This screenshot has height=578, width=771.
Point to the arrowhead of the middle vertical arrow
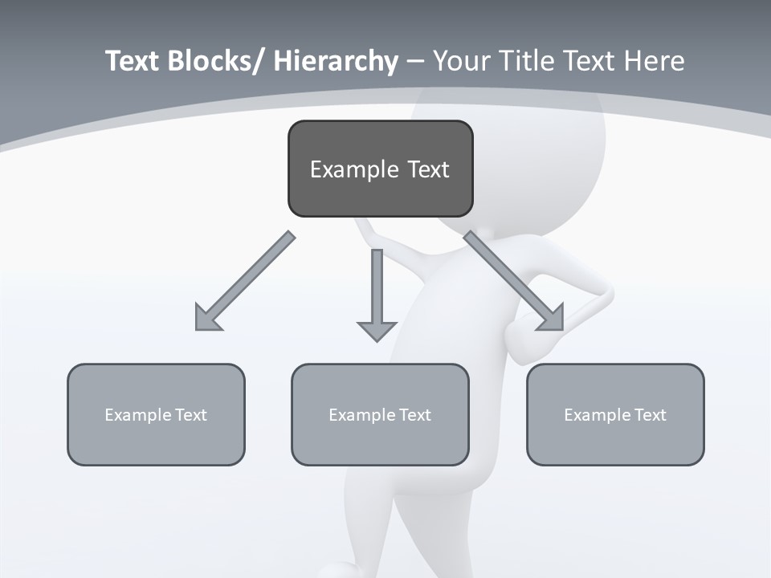pyautogui.click(x=377, y=330)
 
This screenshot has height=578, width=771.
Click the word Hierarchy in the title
pyautogui.click(x=336, y=61)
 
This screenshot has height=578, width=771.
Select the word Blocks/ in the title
pyautogui.click(x=213, y=61)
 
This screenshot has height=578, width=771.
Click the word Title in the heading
pyautogui.click(x=523, y=61)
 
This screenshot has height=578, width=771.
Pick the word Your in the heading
pyautogui.click(x=462, y=61)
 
